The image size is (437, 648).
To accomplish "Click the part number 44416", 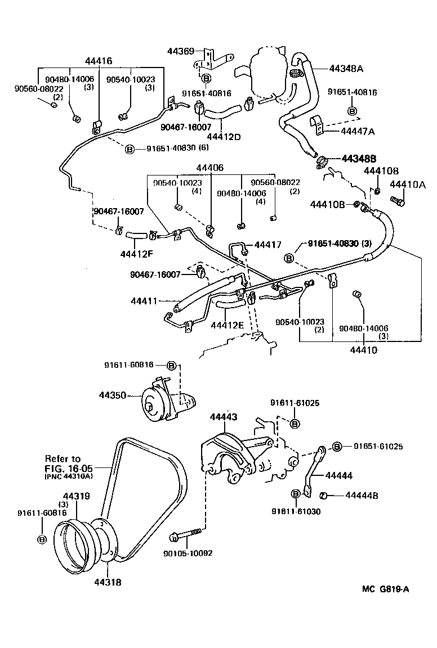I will tap(99, 61).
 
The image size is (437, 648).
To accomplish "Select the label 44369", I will tap(180, 51).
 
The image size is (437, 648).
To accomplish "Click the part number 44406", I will tap(209, 168).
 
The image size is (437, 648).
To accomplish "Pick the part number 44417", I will tap(268, 245).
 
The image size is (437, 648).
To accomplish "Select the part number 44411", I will tap(145, 301).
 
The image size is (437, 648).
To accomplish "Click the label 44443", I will tap(224, 417).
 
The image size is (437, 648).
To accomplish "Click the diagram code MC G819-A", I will tap(386, 589).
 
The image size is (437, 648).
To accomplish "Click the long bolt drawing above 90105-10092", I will tap(189, 532).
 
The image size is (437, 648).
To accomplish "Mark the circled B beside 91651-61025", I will tap(337, 447).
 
